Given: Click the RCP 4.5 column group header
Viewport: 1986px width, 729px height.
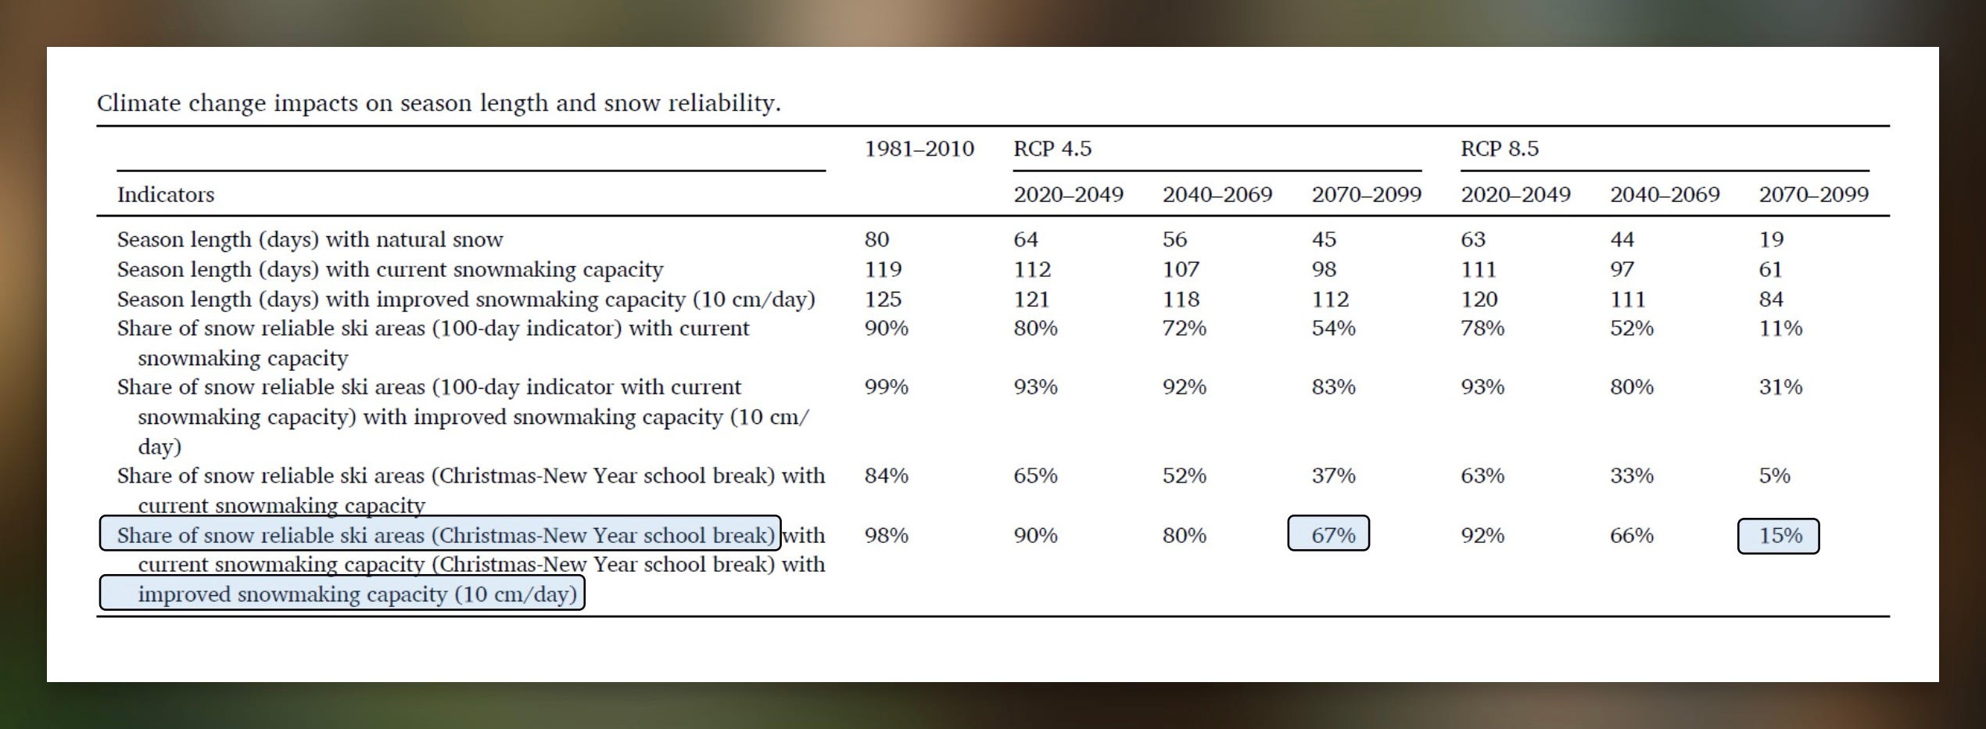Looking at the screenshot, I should [1052, 149].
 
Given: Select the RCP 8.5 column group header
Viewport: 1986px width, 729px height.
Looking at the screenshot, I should [1499, 149].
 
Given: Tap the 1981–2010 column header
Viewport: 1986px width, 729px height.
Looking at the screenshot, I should [919, 149].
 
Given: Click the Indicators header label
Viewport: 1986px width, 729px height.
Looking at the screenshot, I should [166, 195].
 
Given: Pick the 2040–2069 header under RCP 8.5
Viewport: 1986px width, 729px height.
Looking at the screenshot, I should [1665, 195].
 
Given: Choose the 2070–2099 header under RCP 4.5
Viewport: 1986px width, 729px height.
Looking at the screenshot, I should [1366, 195].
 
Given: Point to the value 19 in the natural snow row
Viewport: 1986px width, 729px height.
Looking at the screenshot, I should [1771, 239].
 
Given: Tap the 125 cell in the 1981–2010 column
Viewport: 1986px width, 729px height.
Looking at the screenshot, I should [883, 299].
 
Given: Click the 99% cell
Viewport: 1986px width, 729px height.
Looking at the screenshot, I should [886, 387].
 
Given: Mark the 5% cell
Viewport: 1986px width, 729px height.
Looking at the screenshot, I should [1774, 476].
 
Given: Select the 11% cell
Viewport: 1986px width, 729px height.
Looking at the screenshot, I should [1780, 329].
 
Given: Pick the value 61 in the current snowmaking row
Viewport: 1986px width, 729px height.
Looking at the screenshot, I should [1770, 270].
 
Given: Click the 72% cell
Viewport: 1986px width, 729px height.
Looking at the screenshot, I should [1184, 329].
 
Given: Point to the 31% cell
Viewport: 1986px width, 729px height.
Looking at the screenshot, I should [1780, 387].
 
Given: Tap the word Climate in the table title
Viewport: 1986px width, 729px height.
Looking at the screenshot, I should [138, 103].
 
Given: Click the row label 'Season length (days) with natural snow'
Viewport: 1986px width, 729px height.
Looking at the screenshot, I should [310, 239].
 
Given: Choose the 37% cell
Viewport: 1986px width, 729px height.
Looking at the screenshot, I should [1333, 476].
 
